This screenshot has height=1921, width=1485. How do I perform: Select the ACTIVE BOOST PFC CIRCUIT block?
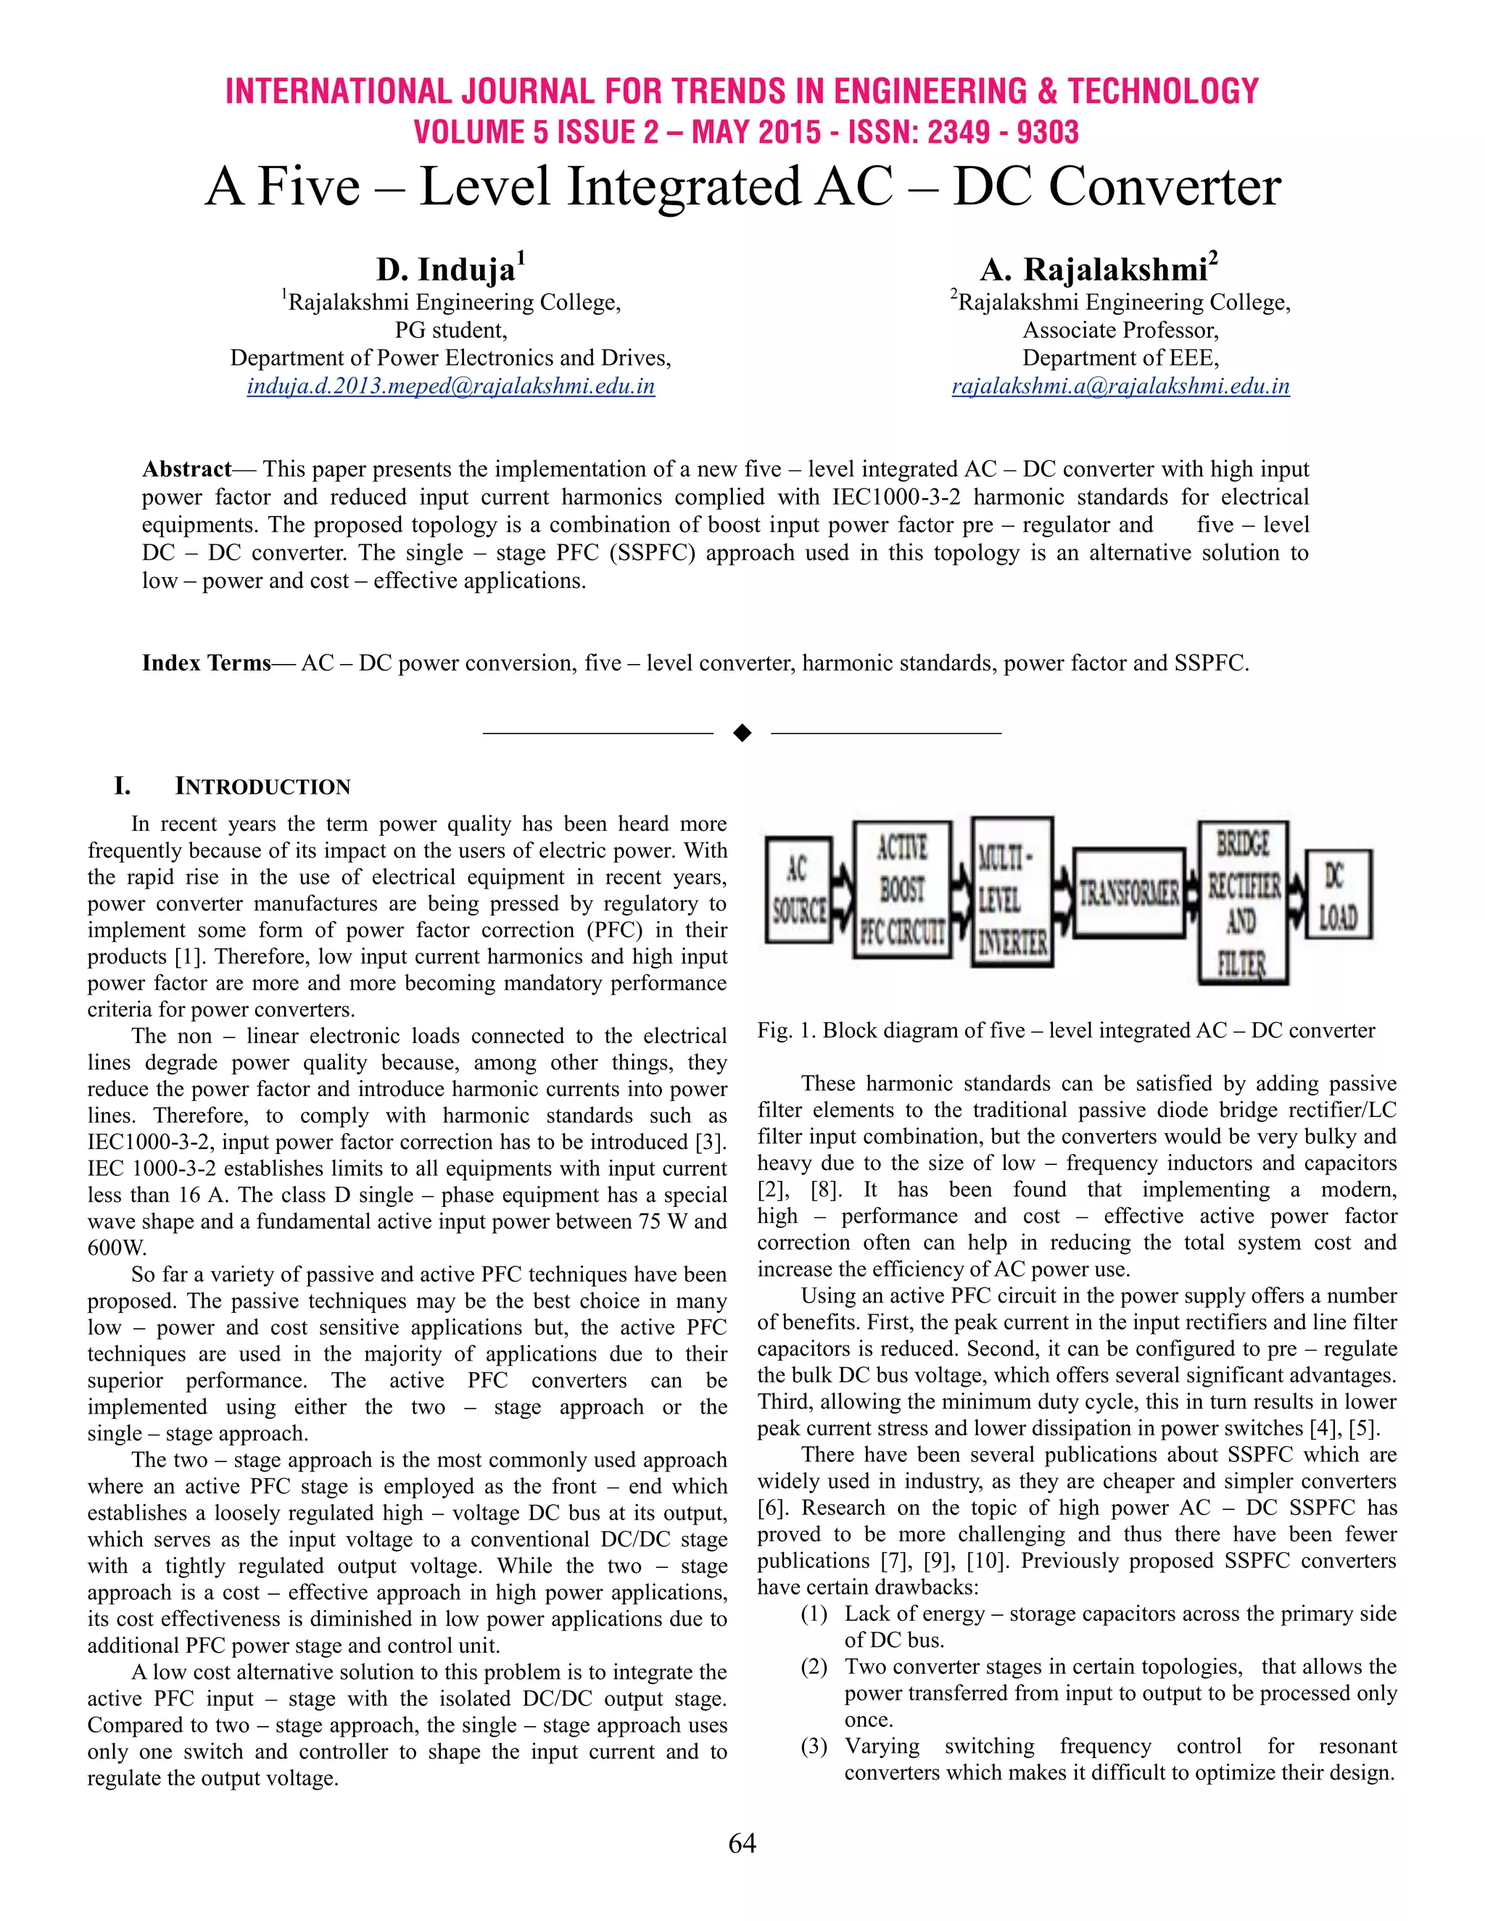pyautogui.click(x=903, y=889)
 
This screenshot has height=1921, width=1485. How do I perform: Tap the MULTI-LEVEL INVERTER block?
pyautogui.click(x=1012, y=891)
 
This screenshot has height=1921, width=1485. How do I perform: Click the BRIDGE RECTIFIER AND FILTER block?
pyautogui.click(x=1242, y=903)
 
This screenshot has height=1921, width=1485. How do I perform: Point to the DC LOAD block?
pyautogui.click(x=1337, y=894)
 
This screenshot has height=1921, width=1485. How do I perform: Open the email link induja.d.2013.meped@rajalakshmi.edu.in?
pyautogui.click(x=450, y=386)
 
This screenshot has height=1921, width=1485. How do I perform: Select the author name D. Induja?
pyautogui.click(x=445, y=269)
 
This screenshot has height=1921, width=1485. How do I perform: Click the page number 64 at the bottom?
pyautogui.click(x=742, y=1843)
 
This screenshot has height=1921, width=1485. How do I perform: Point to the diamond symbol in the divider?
pyautogui.click(x=742, y=733)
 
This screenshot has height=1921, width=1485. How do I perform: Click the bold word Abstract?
pyautogui.click(x=186, y=469)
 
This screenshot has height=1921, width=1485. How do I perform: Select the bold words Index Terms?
pyautogui.click(x=206, y=663)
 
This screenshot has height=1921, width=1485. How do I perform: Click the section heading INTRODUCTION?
pyautogui.click(x=262, y=787)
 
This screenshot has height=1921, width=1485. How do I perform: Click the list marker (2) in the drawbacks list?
pyautogui.click(x=814, y=1667)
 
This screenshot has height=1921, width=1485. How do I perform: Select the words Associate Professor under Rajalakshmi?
pyautogui.click(x=1120, y=330)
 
